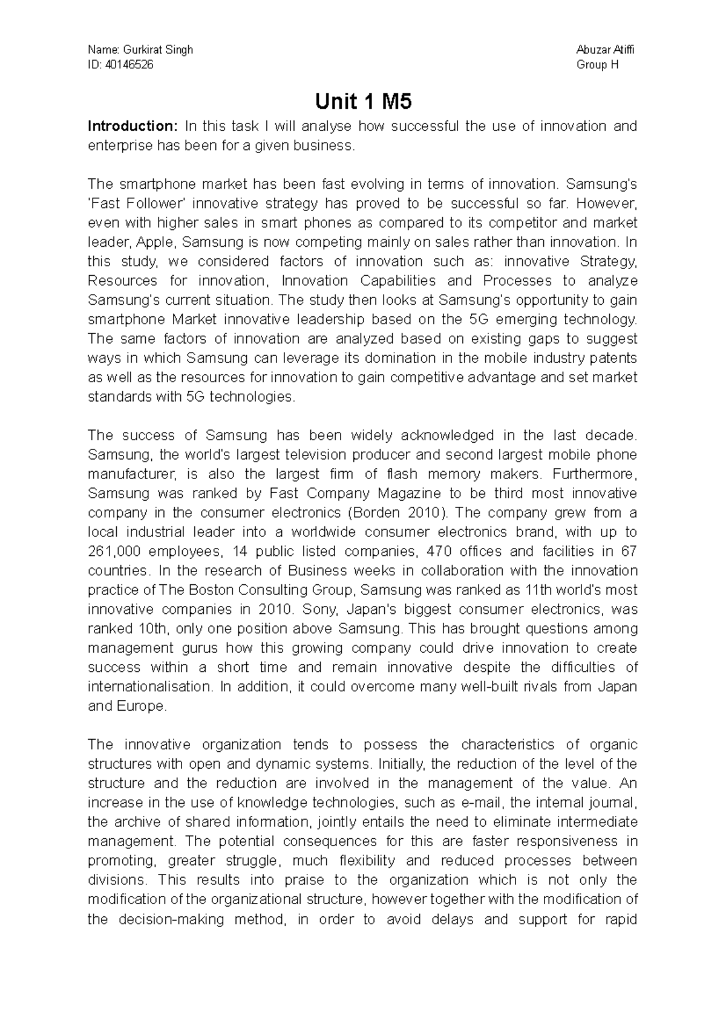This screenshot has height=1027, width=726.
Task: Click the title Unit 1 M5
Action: [x=363, y=102]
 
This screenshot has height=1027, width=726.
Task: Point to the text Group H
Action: [x=598, y=65]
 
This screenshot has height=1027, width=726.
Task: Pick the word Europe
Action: [x=140, y=706]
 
